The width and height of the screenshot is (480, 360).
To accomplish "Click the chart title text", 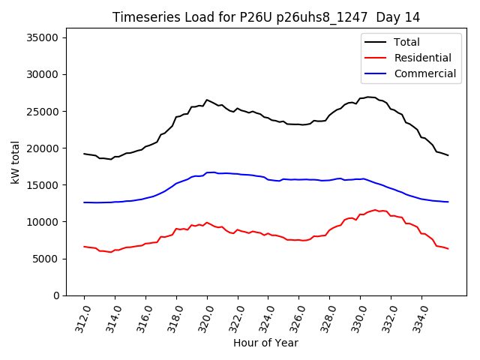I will point(266,16).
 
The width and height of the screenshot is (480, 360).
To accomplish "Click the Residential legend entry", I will point(422,58).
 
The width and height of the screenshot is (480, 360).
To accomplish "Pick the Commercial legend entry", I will point(424,73).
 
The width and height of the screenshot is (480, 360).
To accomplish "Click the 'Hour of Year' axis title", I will point(265,343).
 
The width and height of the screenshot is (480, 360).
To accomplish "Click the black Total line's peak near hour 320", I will point(207,99).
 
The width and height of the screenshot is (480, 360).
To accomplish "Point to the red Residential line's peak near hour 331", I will point(375,210).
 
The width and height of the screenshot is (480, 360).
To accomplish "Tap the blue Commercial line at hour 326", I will point(299,179).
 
